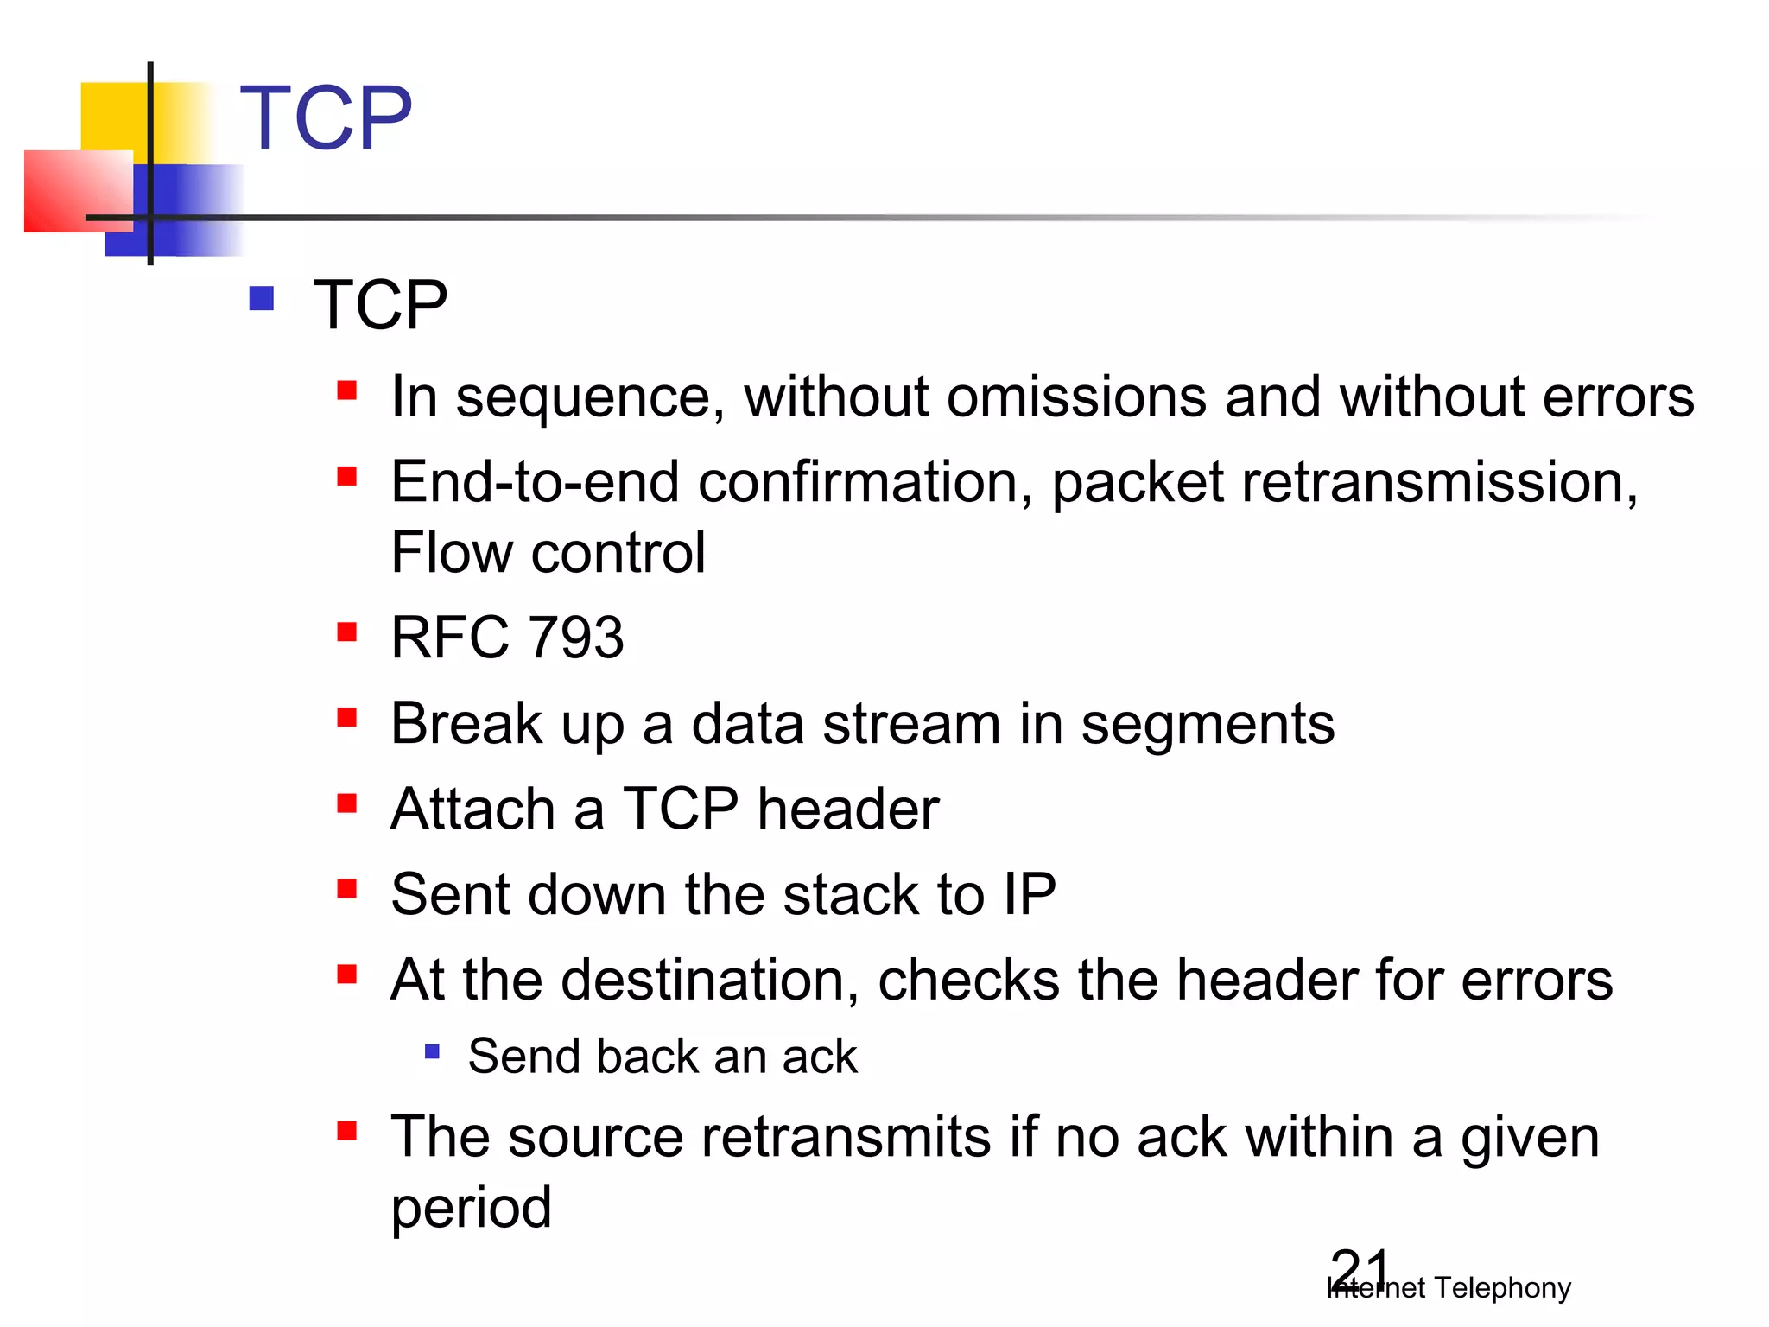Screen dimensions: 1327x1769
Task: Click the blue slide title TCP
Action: (326, 118)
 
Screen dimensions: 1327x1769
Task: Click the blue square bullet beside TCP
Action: (261, 299)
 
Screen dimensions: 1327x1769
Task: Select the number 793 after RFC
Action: (575, 638)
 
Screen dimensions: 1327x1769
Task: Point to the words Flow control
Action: (548, 553)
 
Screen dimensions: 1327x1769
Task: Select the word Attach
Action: (472, 810)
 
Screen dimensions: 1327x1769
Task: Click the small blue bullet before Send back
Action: (433, 1052)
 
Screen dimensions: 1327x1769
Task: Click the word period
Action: (471, 1209)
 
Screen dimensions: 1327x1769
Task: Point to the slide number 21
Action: (1359, 1270)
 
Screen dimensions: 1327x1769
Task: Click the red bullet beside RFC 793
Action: (347, 632)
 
